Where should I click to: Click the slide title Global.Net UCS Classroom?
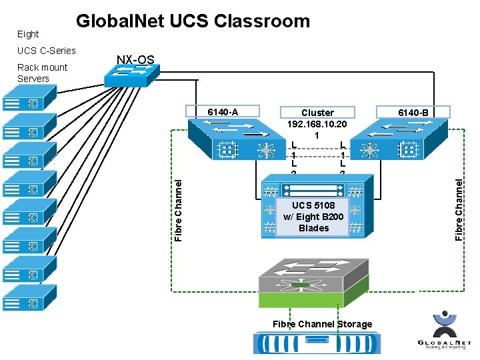pyautogui.click(x=193, y=21)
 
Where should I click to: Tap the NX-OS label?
pyautogui.click(x=135, y=60)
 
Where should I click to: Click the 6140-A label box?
pyautogui.click(x=223, y=112)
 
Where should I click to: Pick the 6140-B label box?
pyautogui.click(x=413, y=112)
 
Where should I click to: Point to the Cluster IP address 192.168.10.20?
pyautogui.click(x=317, y=124)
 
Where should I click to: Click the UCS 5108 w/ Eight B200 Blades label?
pyautogui.click(x=313, y=216)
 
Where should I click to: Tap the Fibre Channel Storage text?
pyautogui.click(x=322, y=324)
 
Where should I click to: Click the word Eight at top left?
pyautogui.click(x=28, y=34)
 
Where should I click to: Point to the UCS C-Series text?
pyautogui.click(x=47, y=51)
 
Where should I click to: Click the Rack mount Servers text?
pyautogui.click(x=42, y=73)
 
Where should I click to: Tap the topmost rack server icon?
pyautogui.click(x=22, y=103)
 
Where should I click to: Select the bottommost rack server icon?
pyautogui.click(x=22, y=297)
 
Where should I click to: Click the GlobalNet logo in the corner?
pyautogui.click(x=443, y=333)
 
